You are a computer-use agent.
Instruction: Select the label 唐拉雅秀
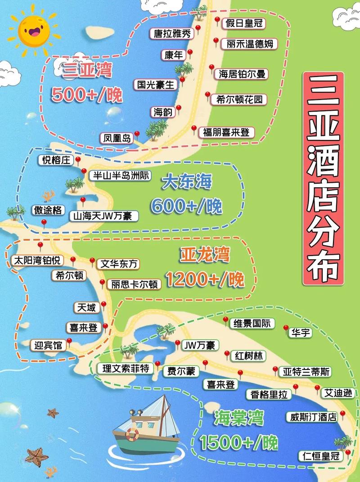click(x=172, y=33)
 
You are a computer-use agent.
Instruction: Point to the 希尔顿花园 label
click(x=239, y=99)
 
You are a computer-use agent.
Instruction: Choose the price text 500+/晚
click(x=86, y=95)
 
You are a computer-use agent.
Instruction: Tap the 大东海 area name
click(x=187, y=182)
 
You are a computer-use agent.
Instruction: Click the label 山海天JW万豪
click(x=103, y=216)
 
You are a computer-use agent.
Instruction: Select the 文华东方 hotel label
click(x=119, y=264)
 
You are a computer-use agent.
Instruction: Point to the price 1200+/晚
click(x=205, y=279)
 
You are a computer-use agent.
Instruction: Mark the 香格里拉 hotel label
click(x=268, y=394)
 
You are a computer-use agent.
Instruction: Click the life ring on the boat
click(x=132, y=434)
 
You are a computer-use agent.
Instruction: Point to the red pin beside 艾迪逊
click(x=317, y=388)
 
